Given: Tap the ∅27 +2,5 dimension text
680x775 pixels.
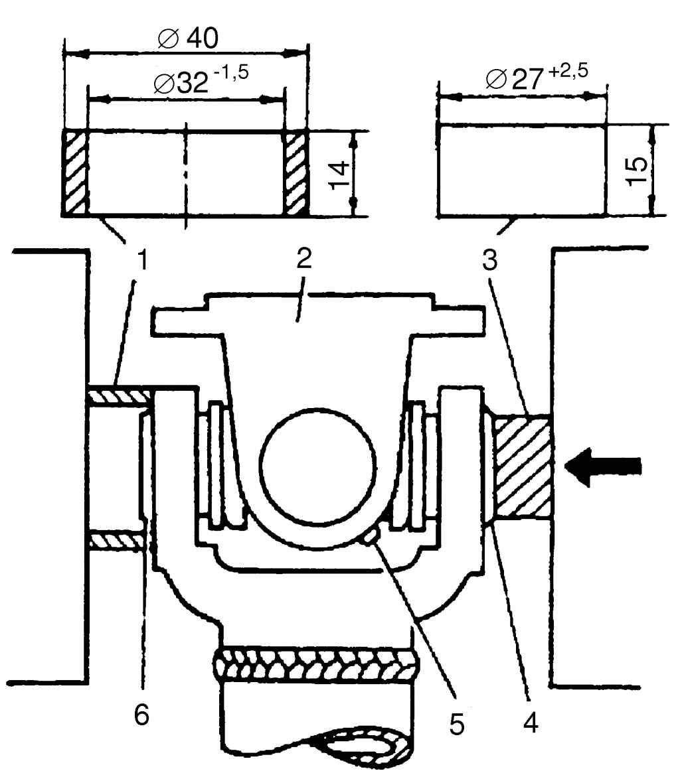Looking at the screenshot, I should (536, 76).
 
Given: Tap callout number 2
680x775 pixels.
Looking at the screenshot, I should (303, 261).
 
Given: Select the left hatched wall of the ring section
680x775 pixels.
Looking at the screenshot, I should (75, 173).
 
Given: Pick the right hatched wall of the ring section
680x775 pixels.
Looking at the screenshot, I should (296, 173).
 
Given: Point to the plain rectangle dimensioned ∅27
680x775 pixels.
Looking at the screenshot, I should (522, 169).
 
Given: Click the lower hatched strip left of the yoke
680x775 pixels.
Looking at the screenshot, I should (117, 540).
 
